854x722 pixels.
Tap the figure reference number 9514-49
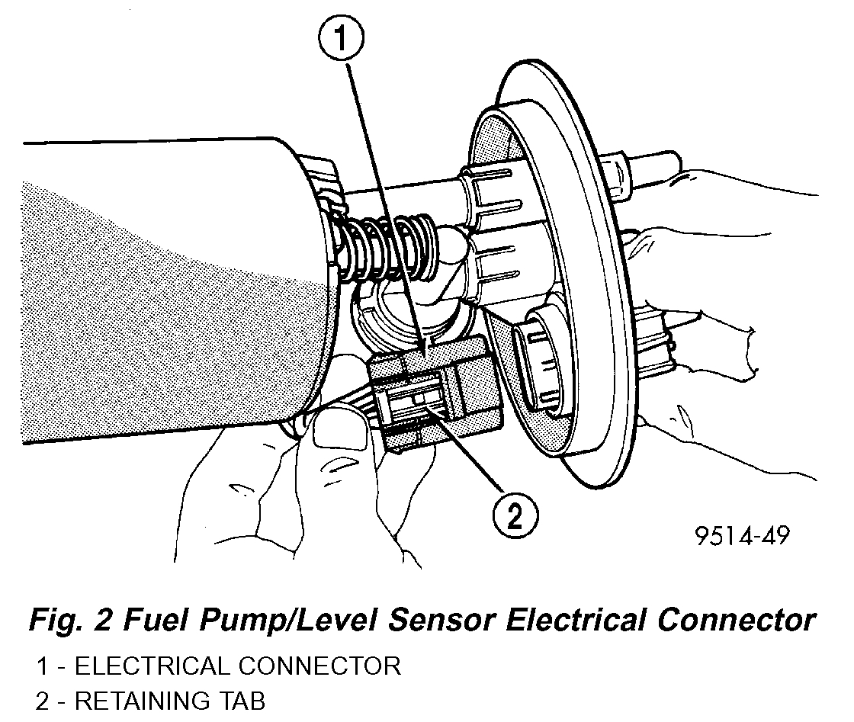(741, 536)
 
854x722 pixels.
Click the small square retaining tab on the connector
(417, 400)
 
